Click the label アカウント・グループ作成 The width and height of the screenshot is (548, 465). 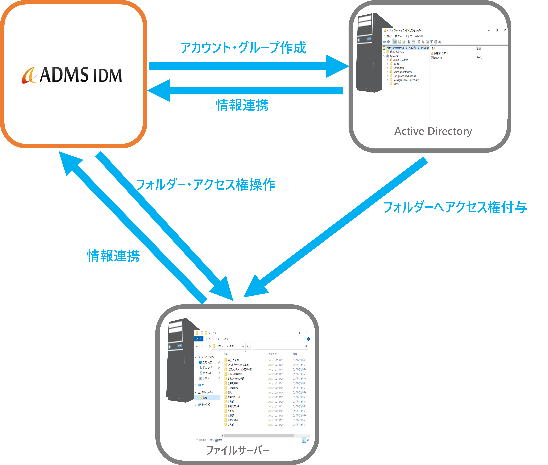tap(243, 48)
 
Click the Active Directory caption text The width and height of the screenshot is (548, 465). tap(433, 131)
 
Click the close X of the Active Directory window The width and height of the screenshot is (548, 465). tap(505, 30)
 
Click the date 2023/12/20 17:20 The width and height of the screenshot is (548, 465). tap(276, 392)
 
